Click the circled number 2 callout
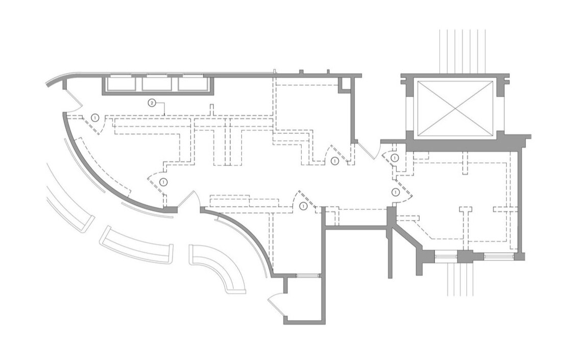tap(152, 103)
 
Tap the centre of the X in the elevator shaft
tap(455, 109)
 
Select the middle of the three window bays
tap(157, 84)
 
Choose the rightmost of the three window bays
tap(193, 84)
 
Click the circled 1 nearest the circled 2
tap(95, 117)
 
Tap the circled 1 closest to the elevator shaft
tap(394, 158)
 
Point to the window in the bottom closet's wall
tap(307, 276)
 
